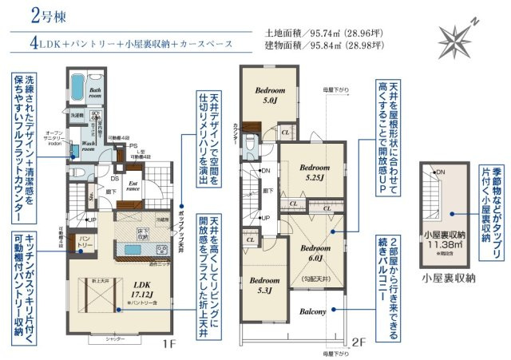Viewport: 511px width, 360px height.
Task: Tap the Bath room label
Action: (95, 94)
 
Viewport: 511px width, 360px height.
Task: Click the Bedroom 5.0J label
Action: (266, 97)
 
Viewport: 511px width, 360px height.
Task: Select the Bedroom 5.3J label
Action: (263, 286)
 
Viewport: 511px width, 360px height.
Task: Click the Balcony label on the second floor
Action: (313, 311)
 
